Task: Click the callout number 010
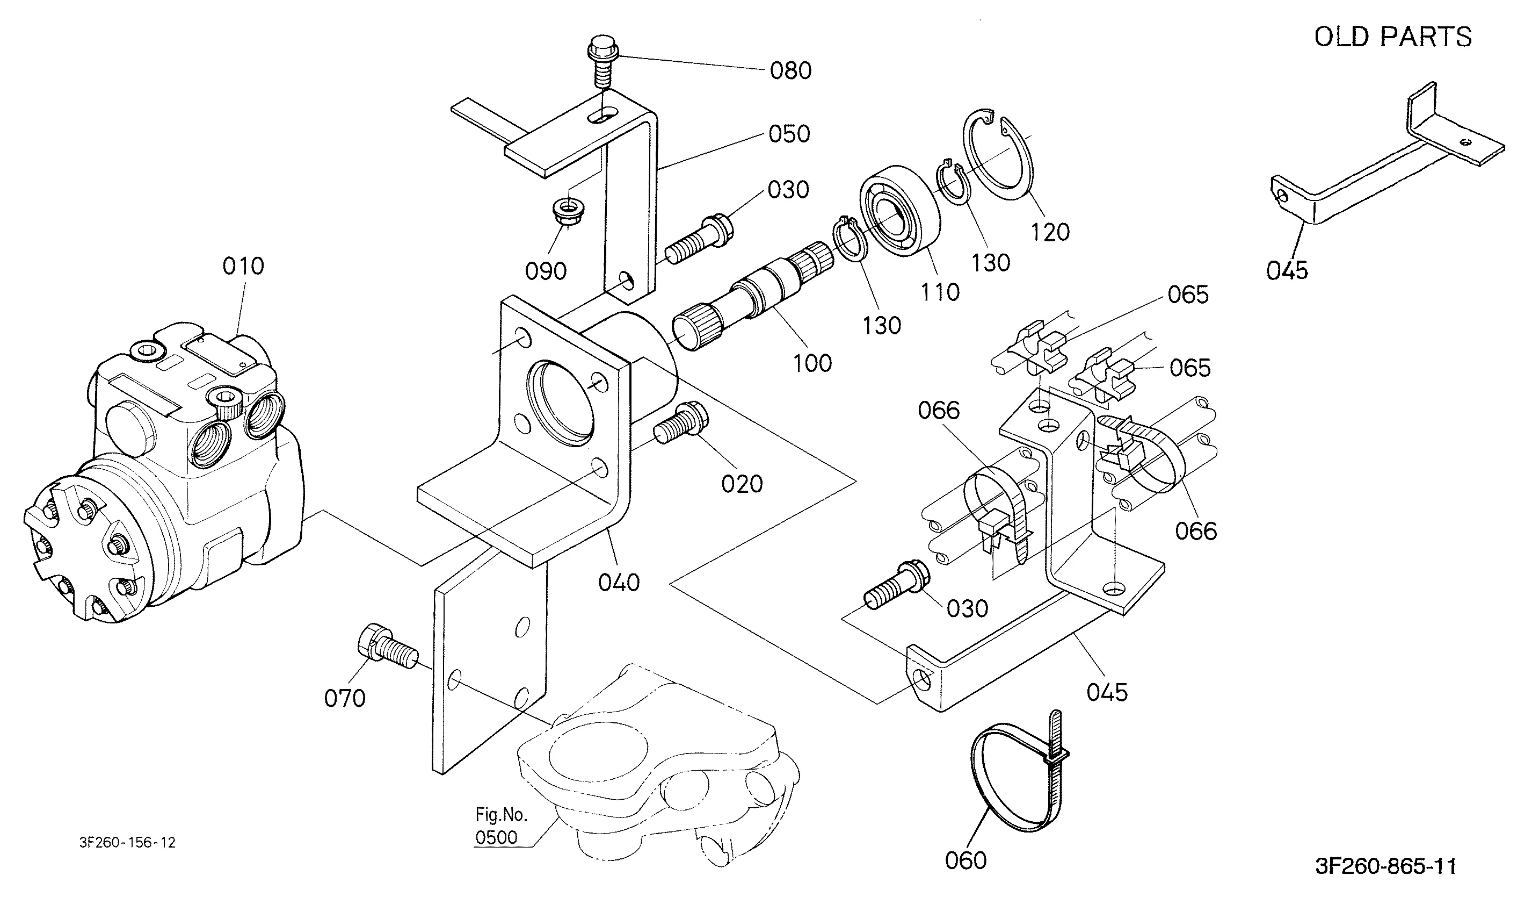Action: click(x=243, y=267)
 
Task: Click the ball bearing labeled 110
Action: click(x=899, y=209)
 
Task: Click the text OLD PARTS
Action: click(x=1392, y=37)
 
